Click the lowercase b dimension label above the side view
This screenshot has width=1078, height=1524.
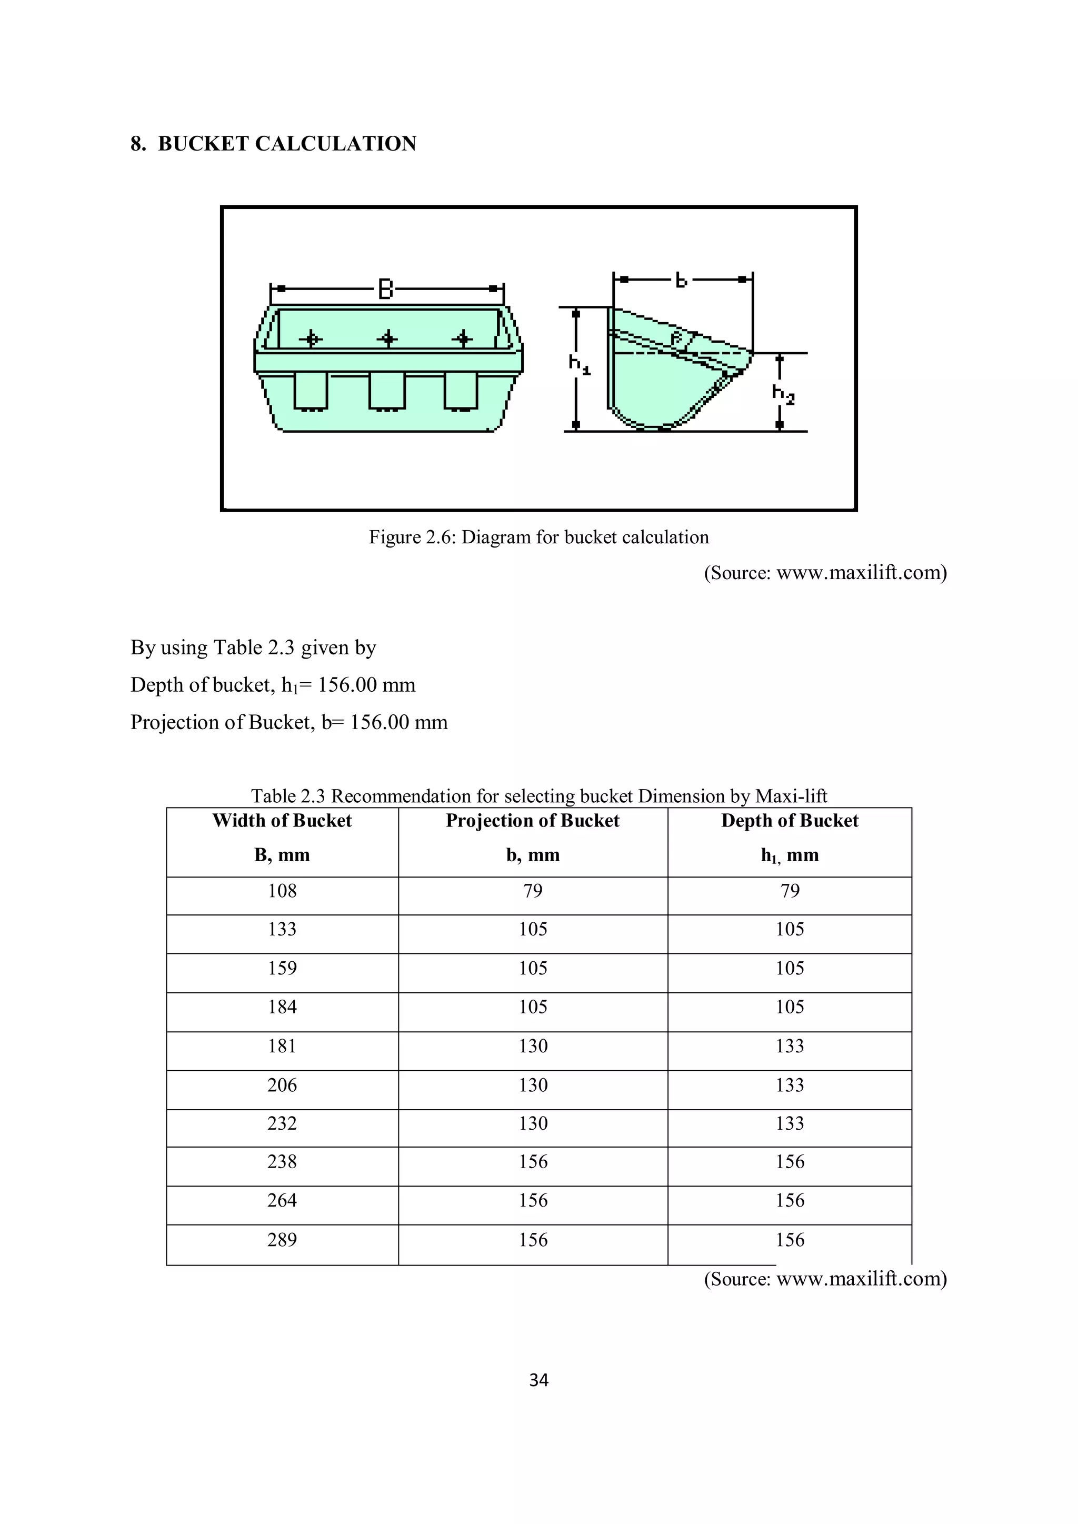point(681,280)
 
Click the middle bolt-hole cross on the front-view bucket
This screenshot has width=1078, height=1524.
point(387,339)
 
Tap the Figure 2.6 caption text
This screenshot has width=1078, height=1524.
point(538,537)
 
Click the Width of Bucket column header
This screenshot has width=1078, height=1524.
point(282,821)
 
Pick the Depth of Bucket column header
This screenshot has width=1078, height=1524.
point(790,821)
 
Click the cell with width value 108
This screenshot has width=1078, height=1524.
point(282,891)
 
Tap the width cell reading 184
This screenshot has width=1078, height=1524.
point(282,1007)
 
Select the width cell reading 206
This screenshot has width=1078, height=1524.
point(282,1085)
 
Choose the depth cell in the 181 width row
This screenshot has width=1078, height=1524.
point(790,1046)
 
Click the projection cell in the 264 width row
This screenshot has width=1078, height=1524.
point(533,1201)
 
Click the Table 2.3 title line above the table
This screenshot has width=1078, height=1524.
point(538,796)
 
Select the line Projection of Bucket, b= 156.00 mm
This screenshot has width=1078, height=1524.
point(289,722)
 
